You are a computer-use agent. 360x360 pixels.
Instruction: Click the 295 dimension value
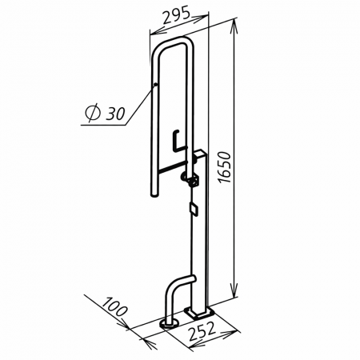[176, 15]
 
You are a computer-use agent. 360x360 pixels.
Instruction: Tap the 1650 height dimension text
[224, 167]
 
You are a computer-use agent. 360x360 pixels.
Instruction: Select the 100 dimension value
[115, 306]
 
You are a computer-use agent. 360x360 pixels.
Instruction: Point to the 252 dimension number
[202, 331]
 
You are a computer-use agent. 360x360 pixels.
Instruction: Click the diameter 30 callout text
[105, 114]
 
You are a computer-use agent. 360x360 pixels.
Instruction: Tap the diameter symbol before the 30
[91, 114]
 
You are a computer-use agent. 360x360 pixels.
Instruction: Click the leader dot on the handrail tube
[155, 85]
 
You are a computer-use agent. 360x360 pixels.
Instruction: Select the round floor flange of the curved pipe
[169, 324]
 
